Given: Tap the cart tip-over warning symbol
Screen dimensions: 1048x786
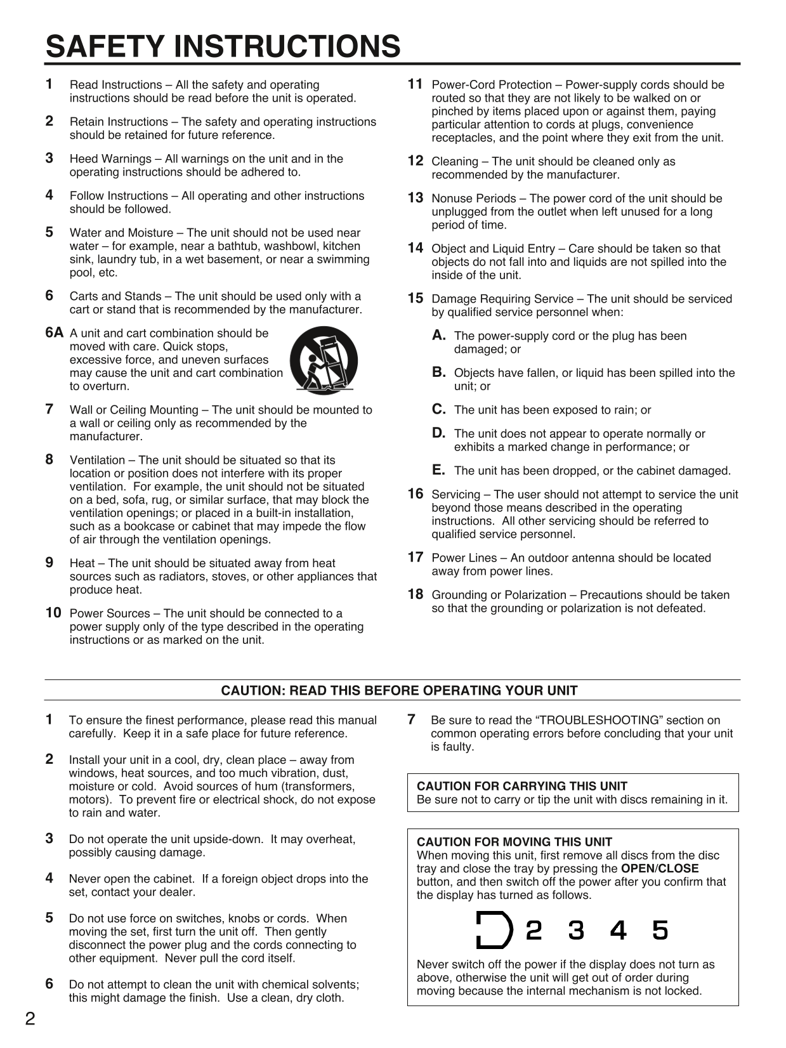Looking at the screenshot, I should pyautogui.click(x=324, y=360).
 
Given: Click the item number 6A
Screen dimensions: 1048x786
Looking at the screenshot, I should pyautogui.click(x=55, y=332).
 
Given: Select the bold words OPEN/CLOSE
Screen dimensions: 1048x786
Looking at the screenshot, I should pyautogui.click(x=659, y=868).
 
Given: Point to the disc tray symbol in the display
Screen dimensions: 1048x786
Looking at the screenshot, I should pyautogui.click(x=494, y=931).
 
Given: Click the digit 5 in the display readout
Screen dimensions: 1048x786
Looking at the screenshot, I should pyautogui.click(x=660, y=931).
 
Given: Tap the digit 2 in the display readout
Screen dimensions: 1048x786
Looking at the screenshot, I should pyautogui.click(x=534, y=931).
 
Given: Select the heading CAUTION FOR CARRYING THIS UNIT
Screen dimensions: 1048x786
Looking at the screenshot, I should pyautogui.click(x=521, y=786).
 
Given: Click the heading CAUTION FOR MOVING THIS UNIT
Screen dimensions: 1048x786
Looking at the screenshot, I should pyautogui.click(x=514, y=842).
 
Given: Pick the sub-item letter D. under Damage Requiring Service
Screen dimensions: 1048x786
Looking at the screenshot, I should pyautogui.click(x=438, y=433).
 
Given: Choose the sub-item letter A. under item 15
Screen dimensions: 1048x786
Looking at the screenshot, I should pyautogui.click(x=438, y=335).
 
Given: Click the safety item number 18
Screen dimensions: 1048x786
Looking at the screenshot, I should pyautogui.click(x=415, y=594).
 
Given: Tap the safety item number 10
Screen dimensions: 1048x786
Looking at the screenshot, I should pyautogui.click(x=53, y=613).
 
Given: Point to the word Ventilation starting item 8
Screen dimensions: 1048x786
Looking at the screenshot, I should pyautogui.click(x=97, y=460).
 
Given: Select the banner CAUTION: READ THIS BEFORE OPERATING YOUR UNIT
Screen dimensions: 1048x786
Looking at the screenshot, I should pyautogui.click(x=399, y=690).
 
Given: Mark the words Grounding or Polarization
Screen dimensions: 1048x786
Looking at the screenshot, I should pyautogui.click(x=499, y=595).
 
